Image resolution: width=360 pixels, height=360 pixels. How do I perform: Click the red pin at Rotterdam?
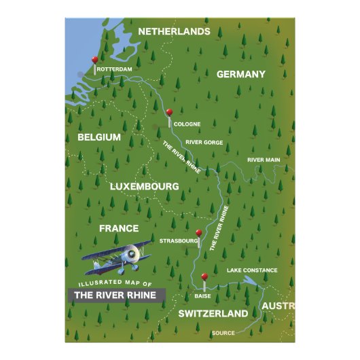pyautogui.click(x=94, y=60)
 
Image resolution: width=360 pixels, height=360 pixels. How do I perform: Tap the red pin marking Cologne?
pyautogui.click(x=169, y=113)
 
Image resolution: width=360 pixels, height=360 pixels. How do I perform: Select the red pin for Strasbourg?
pyautogui.click(x=198, y=233)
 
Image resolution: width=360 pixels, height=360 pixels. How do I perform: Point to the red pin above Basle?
pyautogui.click(x=204, y=276)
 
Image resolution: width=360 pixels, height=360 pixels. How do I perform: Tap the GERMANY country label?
pyautogui.click(x=240, y=74)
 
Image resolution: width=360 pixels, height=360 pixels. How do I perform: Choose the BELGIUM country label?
pyautogui.click(x=99, y=137)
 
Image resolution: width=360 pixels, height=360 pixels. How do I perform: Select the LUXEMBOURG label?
pyautogui.click(x=144, y=185)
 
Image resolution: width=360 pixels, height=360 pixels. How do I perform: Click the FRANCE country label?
pyautogui.click(x=119, y=228)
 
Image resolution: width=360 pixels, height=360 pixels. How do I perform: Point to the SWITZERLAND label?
pyautogui.click(x=213, y=314)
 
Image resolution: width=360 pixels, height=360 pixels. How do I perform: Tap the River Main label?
pyautogui.click(x=264, y=160)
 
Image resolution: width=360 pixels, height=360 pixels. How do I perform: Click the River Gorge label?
pyautogui.click(x=204, y=142)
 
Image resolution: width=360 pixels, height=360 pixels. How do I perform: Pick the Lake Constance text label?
pyautogui.click(x=252, y=270)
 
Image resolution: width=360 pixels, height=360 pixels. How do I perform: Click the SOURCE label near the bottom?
pyautogui.click(x=223, y=333)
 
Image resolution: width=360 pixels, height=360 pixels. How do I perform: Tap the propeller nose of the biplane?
pyautogui.click(x=143, y=255)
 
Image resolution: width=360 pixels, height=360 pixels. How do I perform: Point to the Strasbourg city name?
pyautogui.click(x=178, y=240)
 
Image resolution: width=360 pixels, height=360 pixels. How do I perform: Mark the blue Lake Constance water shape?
pyautogui.click(x=251, y=280)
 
